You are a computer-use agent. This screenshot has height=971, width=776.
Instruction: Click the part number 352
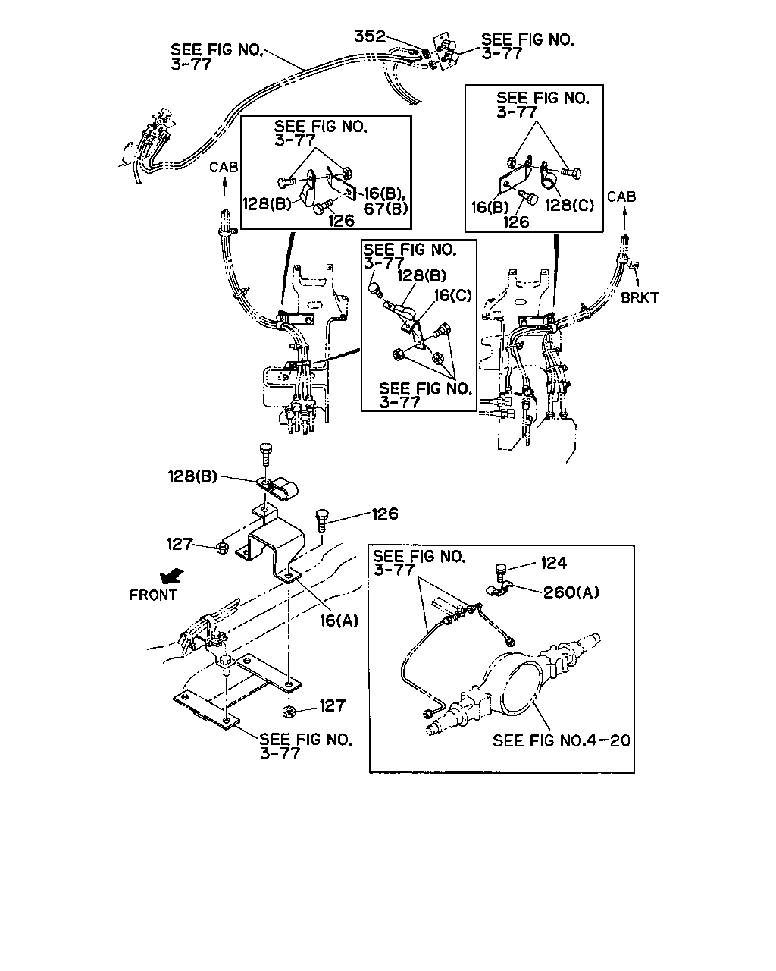(x=370, y=36)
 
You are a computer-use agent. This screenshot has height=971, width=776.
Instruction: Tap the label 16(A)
(x=339, y=621)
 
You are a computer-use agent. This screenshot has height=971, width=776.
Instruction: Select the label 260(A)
(x=571, y=592)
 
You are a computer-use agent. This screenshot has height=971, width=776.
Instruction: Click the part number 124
(x=554, y=563)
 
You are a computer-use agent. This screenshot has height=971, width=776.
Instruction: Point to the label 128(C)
(x=569, y=206)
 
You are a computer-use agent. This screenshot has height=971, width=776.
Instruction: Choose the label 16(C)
(x=452, y=295)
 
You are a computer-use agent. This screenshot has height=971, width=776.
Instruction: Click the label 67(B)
(x=386, y=208)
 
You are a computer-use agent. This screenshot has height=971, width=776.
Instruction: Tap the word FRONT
(x=153, y=595)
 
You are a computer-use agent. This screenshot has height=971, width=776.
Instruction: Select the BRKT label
(x=640, y=298)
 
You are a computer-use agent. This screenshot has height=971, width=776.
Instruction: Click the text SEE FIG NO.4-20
(x=562, y=740)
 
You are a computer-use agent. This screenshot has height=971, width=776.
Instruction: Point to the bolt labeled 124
(x=499, y=571)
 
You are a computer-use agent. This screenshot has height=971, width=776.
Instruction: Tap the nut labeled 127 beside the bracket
(x=222, y=548)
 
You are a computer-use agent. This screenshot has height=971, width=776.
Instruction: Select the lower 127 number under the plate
(x=333, y=705)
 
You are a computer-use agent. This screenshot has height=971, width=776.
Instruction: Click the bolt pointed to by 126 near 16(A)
(x=323, y=520)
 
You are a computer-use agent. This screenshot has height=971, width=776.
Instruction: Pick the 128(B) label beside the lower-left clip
(x=192, y=476)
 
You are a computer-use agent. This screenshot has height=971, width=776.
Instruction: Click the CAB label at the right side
(x=621, y=196)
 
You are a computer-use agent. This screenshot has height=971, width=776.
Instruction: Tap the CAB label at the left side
(x=224, y=168)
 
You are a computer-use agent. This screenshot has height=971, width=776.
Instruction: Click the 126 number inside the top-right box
(x=516, y=222)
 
